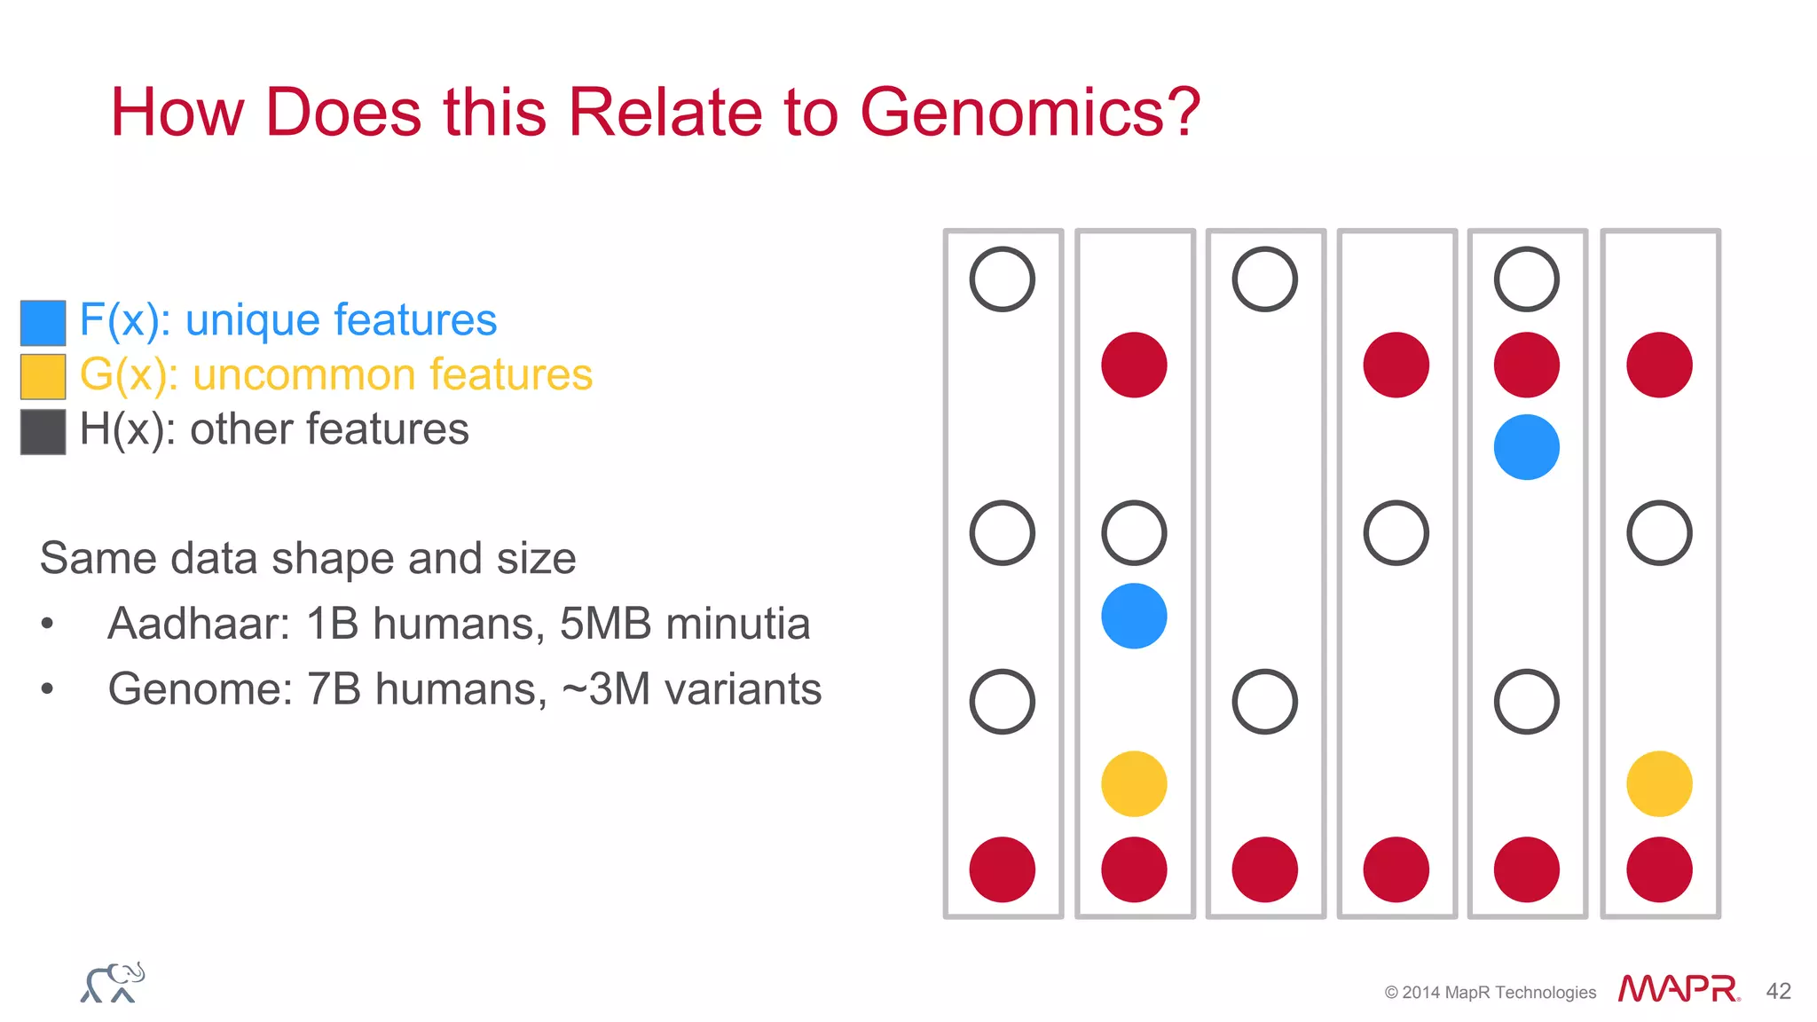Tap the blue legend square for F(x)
43,322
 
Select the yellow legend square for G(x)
43,376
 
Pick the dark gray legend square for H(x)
43,431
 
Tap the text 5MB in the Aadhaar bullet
606,623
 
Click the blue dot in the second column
1134,616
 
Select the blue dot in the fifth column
1526,447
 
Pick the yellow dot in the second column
1134,783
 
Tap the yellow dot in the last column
1659,783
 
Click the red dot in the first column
1003,869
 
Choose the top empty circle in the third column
1264,279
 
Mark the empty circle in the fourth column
1396,533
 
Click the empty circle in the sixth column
1659,533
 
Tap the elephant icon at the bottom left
114,983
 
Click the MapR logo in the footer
1678,988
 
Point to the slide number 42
1778,991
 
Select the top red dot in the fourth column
1396,365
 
